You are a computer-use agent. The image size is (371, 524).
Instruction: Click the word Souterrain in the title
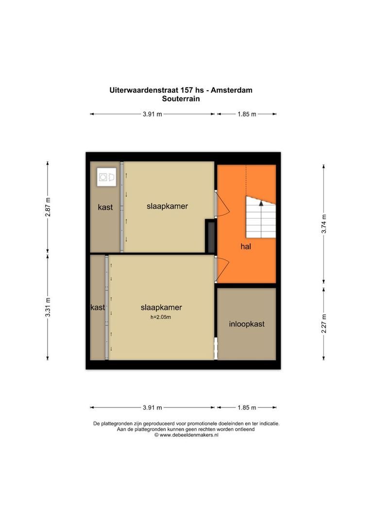[x=181, y=98]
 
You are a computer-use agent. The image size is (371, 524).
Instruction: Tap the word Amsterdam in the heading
[x=231, y=90]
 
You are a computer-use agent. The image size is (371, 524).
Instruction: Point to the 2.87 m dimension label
[x=48, y=207]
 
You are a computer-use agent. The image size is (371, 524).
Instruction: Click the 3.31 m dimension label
[x=48, y=307]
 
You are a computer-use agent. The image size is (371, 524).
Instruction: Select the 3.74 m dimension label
[x=323, y=224]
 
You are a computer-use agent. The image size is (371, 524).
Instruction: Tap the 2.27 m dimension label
[x=323, y=324]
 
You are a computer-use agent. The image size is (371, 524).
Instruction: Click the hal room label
[x=246, y=246]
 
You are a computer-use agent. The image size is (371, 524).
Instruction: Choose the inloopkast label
[x=247, y=324]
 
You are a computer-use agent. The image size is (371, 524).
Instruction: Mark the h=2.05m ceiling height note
[x=161, y=317]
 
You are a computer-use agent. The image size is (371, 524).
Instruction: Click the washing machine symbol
[x=106, y=177]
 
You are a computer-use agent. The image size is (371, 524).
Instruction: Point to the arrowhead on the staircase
[x=261, y=203]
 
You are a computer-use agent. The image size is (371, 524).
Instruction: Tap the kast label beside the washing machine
[x=105, y=207]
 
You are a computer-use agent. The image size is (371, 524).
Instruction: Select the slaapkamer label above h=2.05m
[x=161, y=307]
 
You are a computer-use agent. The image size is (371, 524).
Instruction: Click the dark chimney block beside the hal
[x=210, y=236]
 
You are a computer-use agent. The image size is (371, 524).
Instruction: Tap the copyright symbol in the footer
[x=156, y=435]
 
